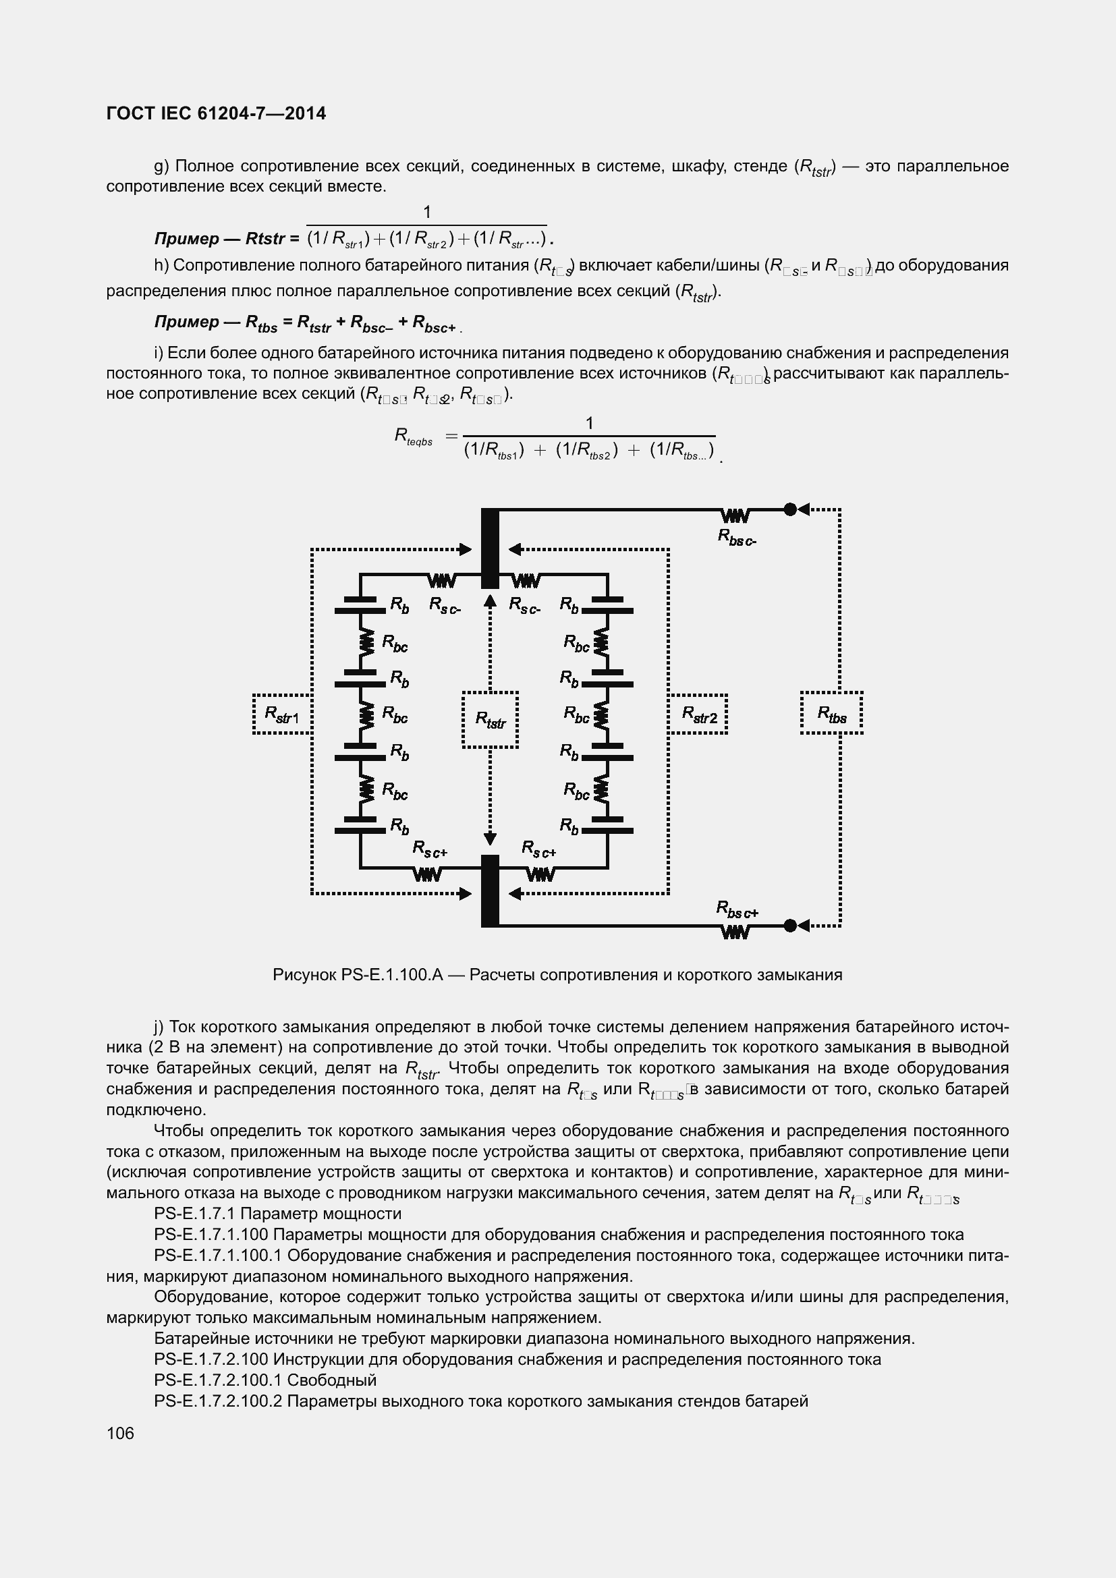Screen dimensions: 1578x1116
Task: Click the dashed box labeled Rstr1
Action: pyautogui.click(x=283, y=714)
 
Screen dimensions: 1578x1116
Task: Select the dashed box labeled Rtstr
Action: pyautogui.click(x=490, y=720)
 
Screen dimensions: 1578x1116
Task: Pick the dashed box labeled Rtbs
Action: pyautogui.click(x=831, y=713)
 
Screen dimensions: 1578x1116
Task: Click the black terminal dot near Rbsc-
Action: pyautogui.click(x=790, y=509)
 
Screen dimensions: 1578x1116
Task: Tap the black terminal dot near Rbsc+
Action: pyautogui.click(x=790, y=926)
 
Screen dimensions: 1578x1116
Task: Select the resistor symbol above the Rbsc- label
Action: pyautogui.click(x=735, y=515)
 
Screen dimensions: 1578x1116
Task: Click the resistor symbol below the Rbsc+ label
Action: pyautogui.click(x=735, y=932)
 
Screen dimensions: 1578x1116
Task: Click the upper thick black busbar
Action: pyautogui.click(x=490, y=548)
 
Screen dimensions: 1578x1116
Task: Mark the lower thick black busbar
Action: pyautogui.click(x=490, y=891)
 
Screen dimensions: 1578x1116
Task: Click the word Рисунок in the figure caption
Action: pyautogui.click(x=304, y=975)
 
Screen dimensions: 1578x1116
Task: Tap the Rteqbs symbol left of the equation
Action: pyautogui.click(x=413, y=436)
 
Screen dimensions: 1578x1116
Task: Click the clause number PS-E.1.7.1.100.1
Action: pyautogui.click(x=218, y=1255)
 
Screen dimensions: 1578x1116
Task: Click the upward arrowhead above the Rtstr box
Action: pyautogui.click(x=490, y=601)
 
